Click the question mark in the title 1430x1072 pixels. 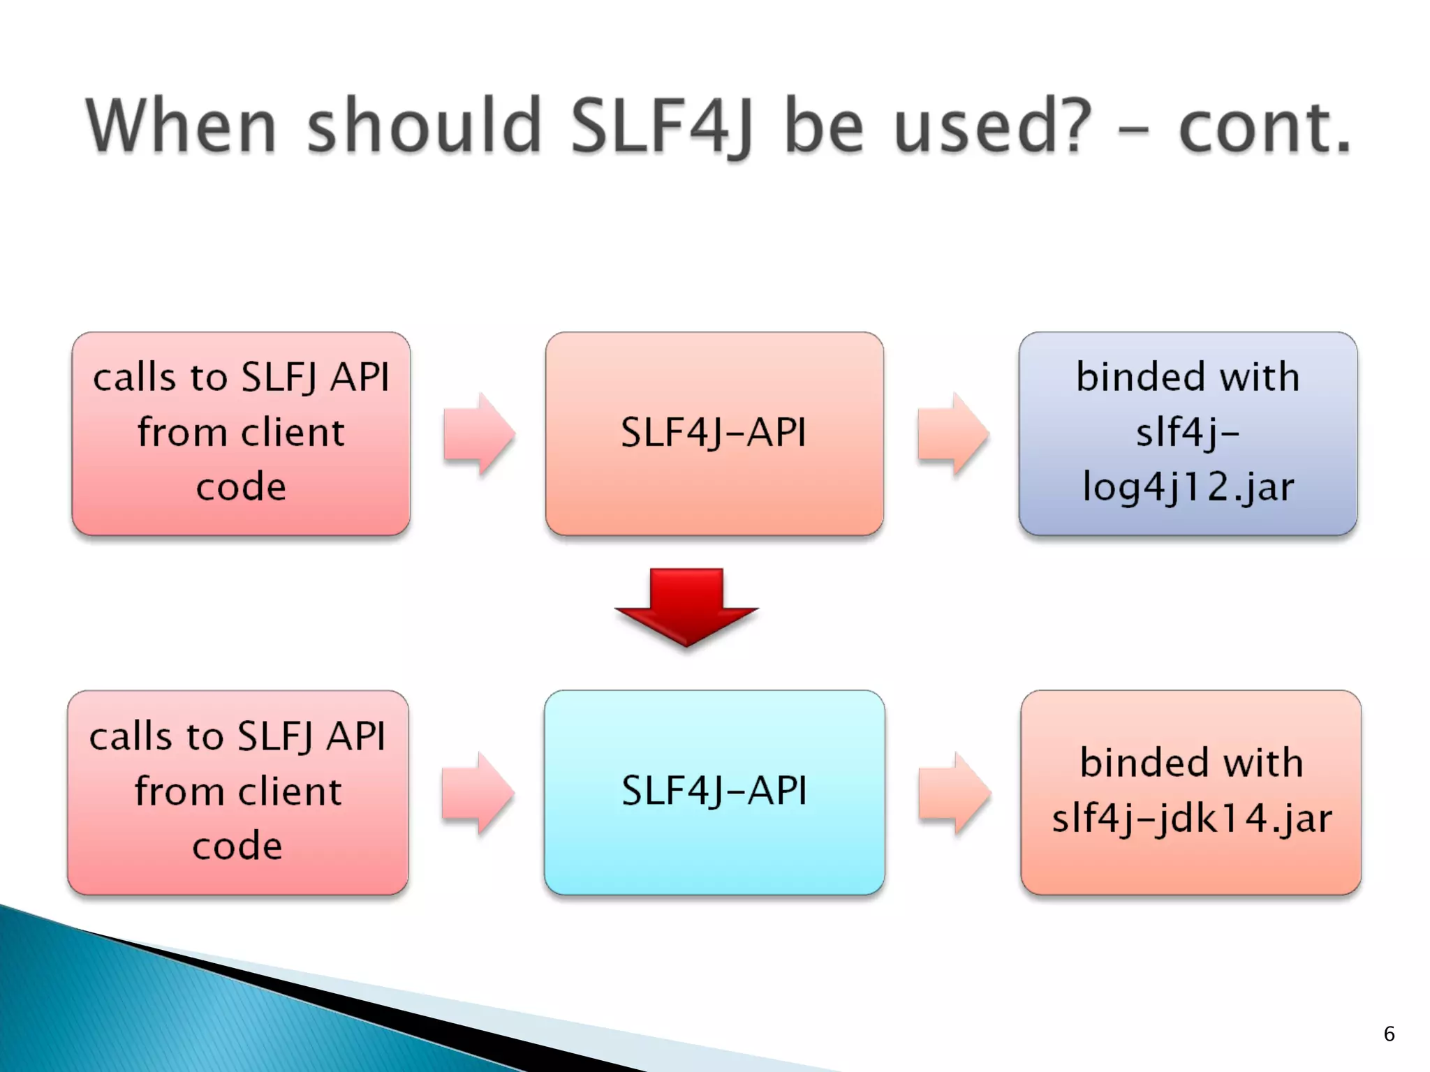click(x=1066, y=126)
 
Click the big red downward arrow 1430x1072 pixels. click(x=686, y=606)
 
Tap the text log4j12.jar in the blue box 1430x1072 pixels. click(x=1188, y=486)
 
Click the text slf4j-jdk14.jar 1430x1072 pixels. click(x=1191, y=818)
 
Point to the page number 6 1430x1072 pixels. click(x=1389, y=1034)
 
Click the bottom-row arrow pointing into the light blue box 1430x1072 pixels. click(x=478, y=793)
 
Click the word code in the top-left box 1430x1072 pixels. click(x=241, y=486)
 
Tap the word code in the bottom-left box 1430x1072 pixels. click(x=237, y=846)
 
